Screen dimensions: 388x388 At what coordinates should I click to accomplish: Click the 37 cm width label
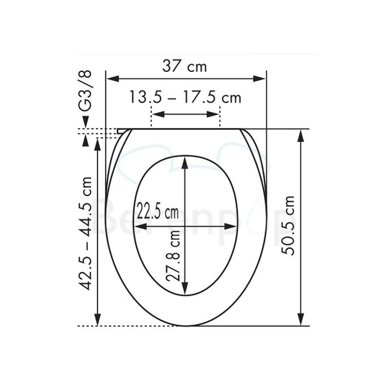click(x=185, y=66)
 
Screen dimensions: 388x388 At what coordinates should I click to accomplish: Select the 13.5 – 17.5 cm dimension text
click(x=185, y=97)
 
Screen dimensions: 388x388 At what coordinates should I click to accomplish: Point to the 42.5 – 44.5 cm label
click(x=85, y=233)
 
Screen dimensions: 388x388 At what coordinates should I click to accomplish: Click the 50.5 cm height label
click(x=288, y=225)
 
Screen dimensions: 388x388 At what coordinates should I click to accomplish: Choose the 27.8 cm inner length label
click(x=173, y=256)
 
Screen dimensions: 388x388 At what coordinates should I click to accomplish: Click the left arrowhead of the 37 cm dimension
click(x=112, y=79)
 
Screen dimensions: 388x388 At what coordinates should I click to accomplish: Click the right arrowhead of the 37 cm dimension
click(x=260, y=79)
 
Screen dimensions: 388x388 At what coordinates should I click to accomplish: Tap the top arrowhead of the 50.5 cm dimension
click(x=301, y=135)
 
